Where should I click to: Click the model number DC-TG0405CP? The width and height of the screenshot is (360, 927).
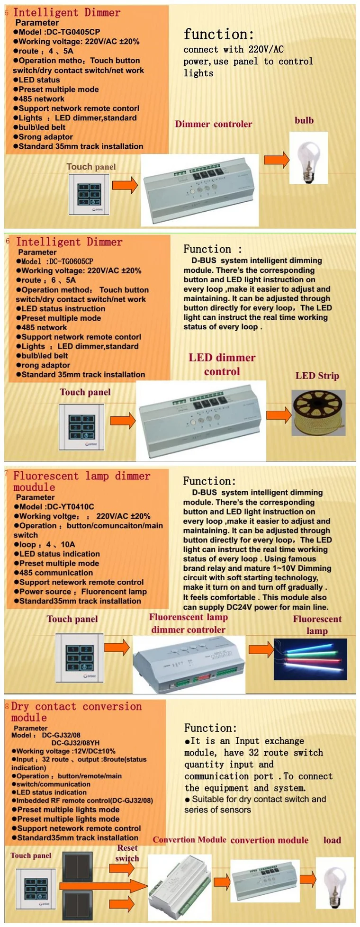point(73,32)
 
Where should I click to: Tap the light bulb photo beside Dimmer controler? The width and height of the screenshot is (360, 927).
point(308,158)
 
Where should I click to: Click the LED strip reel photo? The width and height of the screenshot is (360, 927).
point(318,413)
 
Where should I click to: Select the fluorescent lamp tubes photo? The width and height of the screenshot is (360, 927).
point(310,659)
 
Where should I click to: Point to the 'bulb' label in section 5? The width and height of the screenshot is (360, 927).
point(304,120)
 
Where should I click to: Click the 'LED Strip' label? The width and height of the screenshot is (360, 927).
point(317,376)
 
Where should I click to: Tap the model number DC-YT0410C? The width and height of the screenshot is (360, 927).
point(70,506)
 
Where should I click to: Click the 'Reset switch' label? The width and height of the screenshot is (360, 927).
point(127,853)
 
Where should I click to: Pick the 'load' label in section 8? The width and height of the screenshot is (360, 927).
point(332,840)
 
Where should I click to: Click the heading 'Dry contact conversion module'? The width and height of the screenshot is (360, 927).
point(76,711)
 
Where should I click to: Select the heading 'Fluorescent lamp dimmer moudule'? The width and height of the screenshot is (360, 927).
point(81,481)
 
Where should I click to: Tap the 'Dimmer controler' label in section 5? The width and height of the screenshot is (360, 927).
point(214,124)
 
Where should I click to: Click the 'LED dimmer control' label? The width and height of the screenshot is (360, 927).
point(222,364)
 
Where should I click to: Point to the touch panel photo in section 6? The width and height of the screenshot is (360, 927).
point(81,427)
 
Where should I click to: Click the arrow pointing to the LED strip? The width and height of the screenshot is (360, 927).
point(279,415)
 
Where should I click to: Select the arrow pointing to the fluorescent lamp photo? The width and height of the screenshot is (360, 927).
point(261,649)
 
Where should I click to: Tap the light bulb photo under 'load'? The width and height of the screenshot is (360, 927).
point(335,882)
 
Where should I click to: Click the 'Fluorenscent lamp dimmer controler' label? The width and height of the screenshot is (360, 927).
point(189,623)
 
